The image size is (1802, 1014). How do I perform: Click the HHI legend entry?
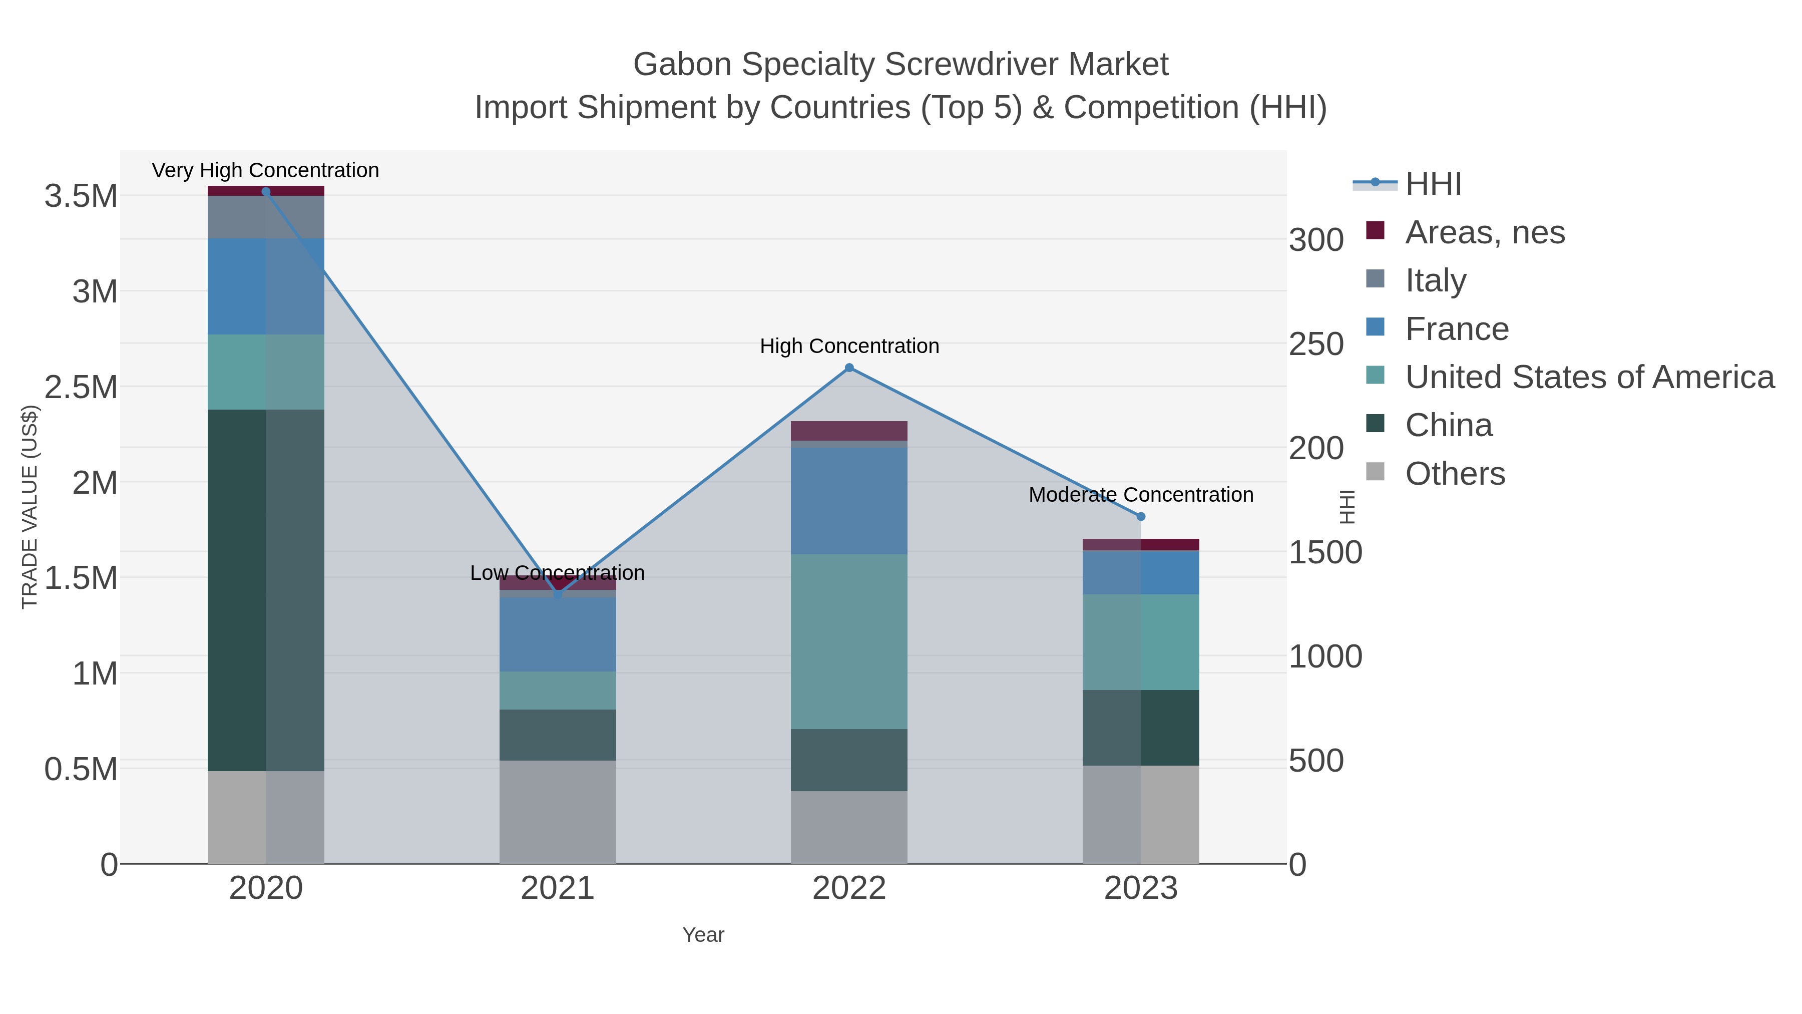click(1433, 184)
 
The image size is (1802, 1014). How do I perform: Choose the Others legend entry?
click(1454, 474)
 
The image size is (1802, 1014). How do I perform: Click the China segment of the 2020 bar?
click(266, 590)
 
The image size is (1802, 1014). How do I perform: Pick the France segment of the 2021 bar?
click(558, 634)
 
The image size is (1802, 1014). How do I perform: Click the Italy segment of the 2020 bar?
click(266, 217)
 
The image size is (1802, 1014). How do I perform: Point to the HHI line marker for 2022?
click(849, 368)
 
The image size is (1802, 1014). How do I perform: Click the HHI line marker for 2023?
click(1141, 516)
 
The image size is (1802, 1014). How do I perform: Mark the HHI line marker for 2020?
click(266, 191)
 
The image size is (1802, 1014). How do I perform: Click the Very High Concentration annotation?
click(265, 170)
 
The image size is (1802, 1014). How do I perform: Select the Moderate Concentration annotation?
click(1140, 495)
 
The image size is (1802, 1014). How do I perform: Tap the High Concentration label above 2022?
click(849, 346)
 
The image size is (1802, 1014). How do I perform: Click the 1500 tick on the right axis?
click(1325, 553)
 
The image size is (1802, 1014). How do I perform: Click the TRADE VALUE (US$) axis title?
click(30, 507)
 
